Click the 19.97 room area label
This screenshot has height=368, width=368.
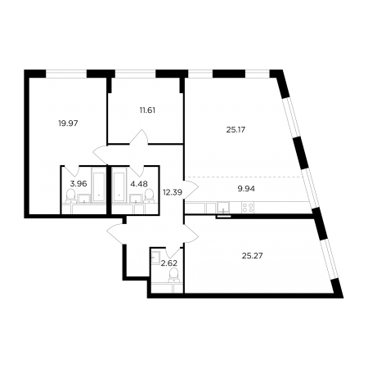pyautogui.click(x=68, y=123)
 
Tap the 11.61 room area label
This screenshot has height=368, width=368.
pyautogui.click(x=147, y=110)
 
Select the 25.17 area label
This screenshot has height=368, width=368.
pyautogui.click(x=236, y=130)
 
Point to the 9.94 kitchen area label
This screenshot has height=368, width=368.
pyautogui.click(x=246, y=189)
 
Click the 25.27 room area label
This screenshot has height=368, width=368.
pyautogui.click(x=253, y=256)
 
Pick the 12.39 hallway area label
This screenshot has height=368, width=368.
pyautogui.click(x=173, y=192)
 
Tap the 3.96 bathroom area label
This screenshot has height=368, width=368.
pyautogui.click(x=79, y=184)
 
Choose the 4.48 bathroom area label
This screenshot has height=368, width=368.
pyautogui.click(x=139, y=184)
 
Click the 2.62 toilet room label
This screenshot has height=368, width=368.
pyautogui.click(x=169, y=263)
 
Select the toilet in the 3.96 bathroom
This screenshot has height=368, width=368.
pyautogui.click(x=70, y=195)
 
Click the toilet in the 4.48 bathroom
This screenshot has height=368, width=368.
pyautogui.click(x=149, y=195)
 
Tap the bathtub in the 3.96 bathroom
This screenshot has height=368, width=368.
pyautogui.click(x=98, y=185)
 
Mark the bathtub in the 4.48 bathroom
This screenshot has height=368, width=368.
pyautogui.click(x=119, y=185)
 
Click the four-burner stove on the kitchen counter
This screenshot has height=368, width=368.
pyautogui.click(x=248, y=208)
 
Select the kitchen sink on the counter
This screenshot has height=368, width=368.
pyautogui.click(x=223, y=208)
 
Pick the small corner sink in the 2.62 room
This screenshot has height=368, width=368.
pyautogui.click(x=155, y=257)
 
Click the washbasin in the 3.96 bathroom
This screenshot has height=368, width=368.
pyautogui.click(x=84, y=199)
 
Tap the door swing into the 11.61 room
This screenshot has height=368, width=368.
pyautogui.click(x=139, y=137)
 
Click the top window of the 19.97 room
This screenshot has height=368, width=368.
pyautogui.click(x=66, y=74)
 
